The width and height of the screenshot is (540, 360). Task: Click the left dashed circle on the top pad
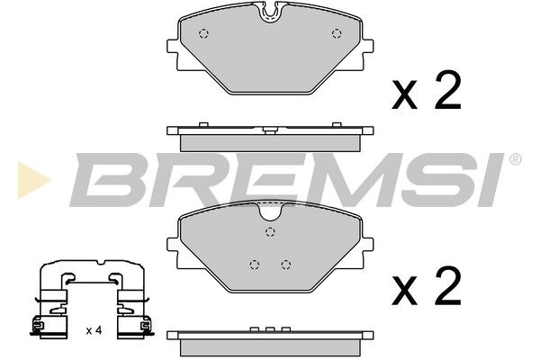pos(204,34)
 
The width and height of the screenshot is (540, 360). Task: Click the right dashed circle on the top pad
pos(337,34)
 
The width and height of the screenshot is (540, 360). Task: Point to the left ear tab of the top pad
pos(172,46)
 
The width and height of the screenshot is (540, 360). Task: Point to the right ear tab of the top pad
pos(368,46)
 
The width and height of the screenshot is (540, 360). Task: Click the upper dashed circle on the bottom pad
pos(271,231)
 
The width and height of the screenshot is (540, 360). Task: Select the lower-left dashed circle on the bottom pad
pos(255,265)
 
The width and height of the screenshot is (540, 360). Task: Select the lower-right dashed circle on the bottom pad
pos(286,265)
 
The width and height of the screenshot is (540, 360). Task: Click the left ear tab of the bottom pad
pos(172,244)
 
